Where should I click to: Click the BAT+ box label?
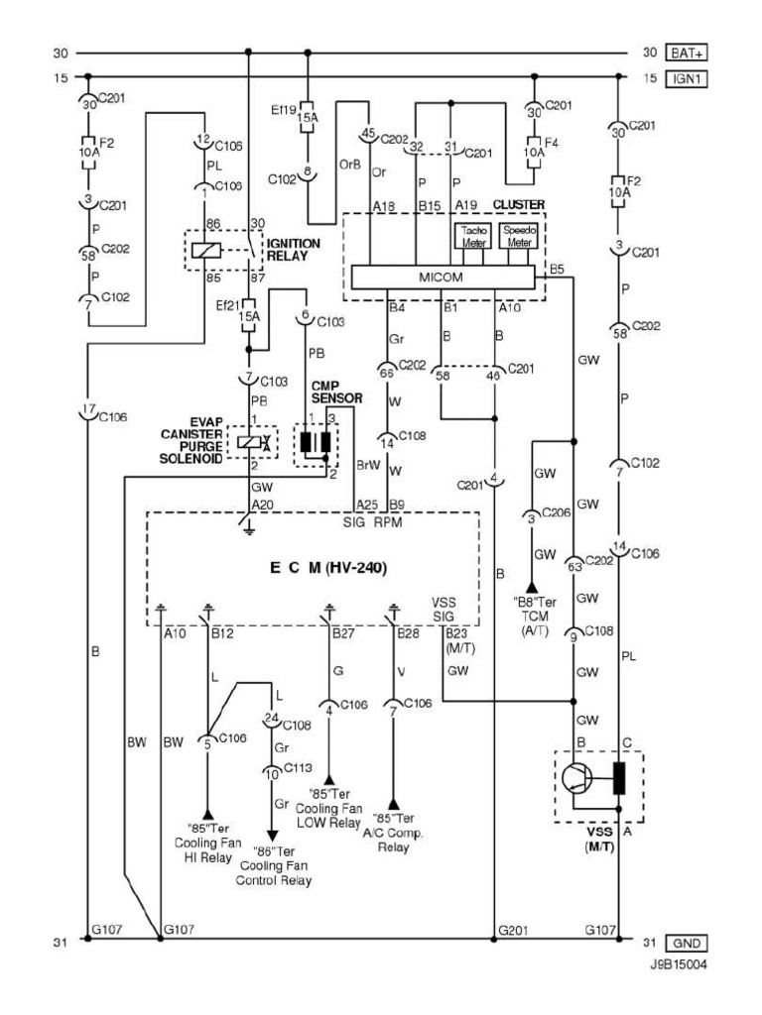coord(686,53)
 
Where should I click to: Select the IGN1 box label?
coord(686,77)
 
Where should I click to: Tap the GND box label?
coord(687,942)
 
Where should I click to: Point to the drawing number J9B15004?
coord(680,962)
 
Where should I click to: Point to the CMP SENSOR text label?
coord(336,392)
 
